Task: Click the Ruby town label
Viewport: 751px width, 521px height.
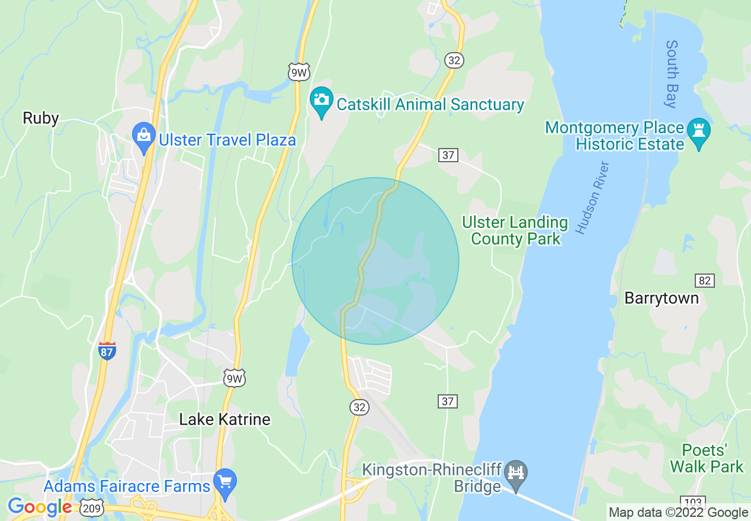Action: (x=41, y=118)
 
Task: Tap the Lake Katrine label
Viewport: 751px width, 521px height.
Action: (x=224, y=419)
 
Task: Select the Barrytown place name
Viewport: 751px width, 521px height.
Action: (x=662, y=298)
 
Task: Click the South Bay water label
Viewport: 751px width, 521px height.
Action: (x=671, y=74)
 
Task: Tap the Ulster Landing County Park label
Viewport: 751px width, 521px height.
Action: (x=515, y=231)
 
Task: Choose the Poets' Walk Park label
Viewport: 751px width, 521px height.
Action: (x=707, y=458)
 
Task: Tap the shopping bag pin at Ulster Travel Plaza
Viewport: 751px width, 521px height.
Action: (x=144, y=135)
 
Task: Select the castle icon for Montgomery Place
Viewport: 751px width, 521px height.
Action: (x=699, y=130)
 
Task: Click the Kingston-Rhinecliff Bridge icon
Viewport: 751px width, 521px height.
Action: (x=516, y=472)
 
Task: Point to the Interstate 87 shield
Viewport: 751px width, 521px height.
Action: (x=107, y=350)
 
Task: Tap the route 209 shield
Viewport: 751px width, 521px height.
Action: (x=93, y=507)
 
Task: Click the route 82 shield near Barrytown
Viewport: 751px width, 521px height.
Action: (x=705, y=280)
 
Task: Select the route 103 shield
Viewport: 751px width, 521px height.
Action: (x=691, y=501)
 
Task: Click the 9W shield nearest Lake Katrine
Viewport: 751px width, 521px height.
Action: (x=235, y=378)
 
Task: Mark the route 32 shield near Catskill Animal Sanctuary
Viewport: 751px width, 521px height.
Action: (x=454, y=60)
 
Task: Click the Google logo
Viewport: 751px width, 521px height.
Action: (x=40, y=507)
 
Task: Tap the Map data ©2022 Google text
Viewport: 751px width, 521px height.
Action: (x=678, y=513)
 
